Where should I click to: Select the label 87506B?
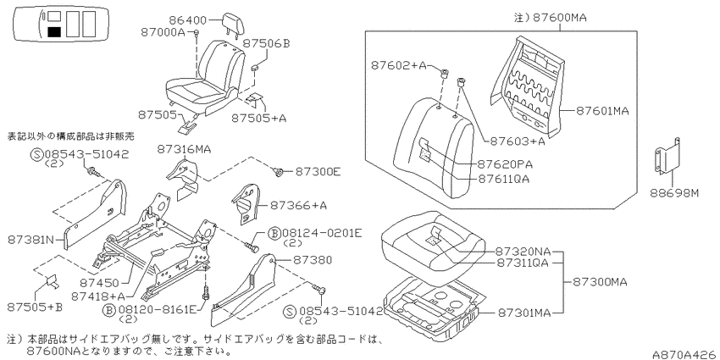pyautogui.click(x=266, y=43)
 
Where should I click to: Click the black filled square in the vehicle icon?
pyautogui.click(x=54, y=31)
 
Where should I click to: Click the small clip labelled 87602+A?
pyautogui.click(x=444, y=73)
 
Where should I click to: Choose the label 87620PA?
pyautogui.click(x=506, y=164)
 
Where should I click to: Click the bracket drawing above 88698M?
pyautogui.click(x=667, y=157)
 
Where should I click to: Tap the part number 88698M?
pyautogui.click(x=674, y=193)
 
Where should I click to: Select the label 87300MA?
pyautogui.click(x=600, y=281)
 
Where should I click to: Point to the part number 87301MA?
pyautogui.click(x=523, y=313)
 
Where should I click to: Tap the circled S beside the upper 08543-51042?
pyautogui.click(x=37, y=154)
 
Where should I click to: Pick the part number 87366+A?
pyautogui.click(x=298, y=205)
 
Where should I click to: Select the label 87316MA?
pyautogui.click(x=184, y=149)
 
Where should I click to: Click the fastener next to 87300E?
pyautogui.click(x=278, y=172)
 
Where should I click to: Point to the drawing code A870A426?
pyautogui.click(x=685, y=354)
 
